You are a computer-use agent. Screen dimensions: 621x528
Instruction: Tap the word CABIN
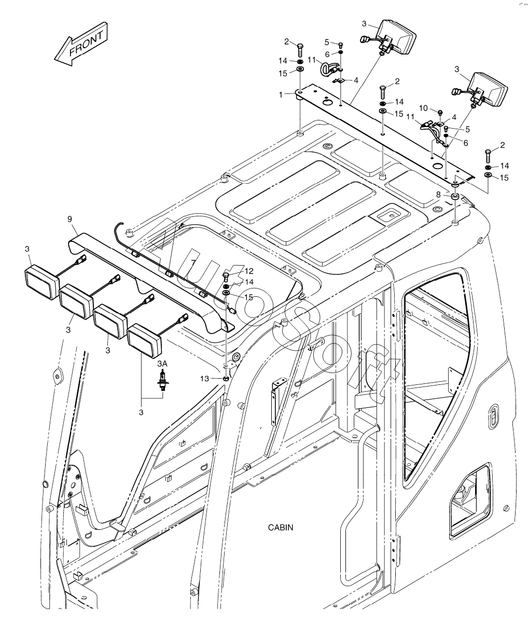[281, 528]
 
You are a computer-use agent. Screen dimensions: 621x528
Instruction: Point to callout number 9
[70, 219]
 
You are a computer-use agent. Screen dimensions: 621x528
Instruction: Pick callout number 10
[423, 108]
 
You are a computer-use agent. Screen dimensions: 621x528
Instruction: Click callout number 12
[249, 270]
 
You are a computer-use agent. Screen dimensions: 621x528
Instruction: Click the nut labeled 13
[226, 379]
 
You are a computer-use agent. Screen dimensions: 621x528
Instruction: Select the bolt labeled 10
[440, 112]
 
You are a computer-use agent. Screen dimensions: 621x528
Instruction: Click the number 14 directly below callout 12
[249, 282]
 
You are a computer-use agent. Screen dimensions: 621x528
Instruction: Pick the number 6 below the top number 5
[327, 54]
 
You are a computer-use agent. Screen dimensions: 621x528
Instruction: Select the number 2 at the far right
[502, 145]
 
